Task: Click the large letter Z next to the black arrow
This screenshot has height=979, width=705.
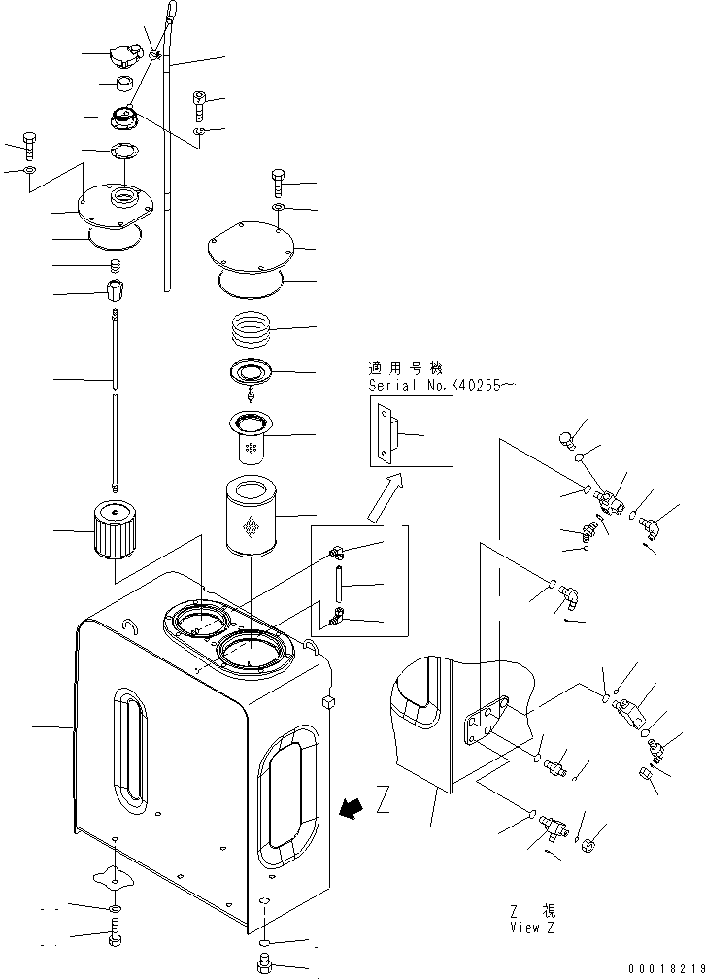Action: pyautogui.click(x=383, y=801)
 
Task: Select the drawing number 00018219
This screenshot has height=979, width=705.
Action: pyautogui.click(x=665, y=969)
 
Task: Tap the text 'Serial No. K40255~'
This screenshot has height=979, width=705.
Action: pyautogui.click(x=442, y=386)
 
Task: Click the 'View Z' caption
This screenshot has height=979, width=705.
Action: pyautogui.click(x=532, y=928)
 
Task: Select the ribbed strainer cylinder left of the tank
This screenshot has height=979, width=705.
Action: pyautogui.click(x=114, y=530)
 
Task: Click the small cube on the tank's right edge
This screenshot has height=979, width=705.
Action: pyautogui.click(x=325, y=702)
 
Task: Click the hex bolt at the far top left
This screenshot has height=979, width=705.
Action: pyautogui.click(x=29, y=144)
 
